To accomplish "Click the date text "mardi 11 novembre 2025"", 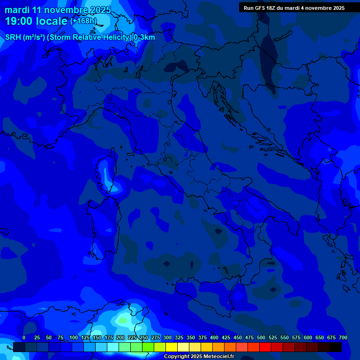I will [58, 10].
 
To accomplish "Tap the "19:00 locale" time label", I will [36, 21].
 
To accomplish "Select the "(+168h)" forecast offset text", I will [83, 21].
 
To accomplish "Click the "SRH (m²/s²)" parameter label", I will [25, 37].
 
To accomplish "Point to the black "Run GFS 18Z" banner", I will [294, 8].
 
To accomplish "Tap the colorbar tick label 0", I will [24, 337].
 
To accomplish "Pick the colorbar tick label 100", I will [74, 337].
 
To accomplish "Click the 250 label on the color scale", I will [144, 337].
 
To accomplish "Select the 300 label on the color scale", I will [167, 337].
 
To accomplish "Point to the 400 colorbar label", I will [214, 337].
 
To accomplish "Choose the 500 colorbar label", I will [261, 337].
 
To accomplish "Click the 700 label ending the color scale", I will [343, 337].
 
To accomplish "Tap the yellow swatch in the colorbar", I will [172, 347].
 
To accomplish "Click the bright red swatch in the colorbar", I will [265, 347].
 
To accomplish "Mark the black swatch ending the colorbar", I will [336, 347].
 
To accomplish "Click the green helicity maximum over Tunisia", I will [122, 321].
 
